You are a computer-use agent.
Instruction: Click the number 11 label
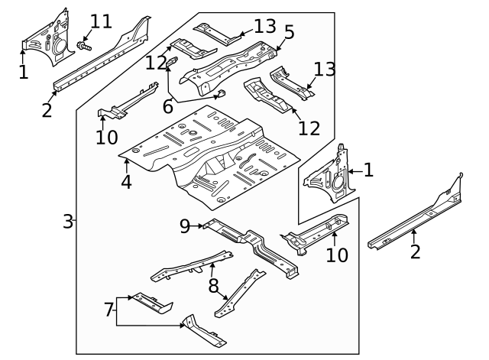coord(101,21)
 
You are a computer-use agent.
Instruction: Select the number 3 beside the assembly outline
coord(67,222)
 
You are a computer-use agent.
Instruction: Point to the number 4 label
coord(125,182)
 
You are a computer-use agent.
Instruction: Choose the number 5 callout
coord(290,31)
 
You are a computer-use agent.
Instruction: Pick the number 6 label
coord(167,107)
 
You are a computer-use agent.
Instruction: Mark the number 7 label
coord(108,309)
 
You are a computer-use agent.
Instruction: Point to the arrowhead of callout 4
coord(126,161)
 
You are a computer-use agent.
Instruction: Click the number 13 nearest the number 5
coord(264,27)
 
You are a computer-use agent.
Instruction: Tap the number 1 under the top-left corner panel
coord(23,73)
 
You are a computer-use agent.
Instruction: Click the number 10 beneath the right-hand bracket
coord(336,254)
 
